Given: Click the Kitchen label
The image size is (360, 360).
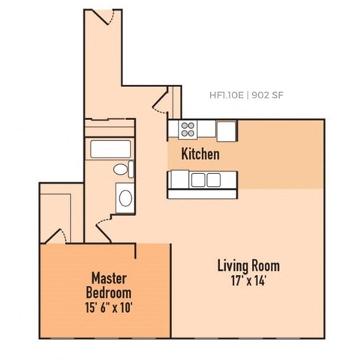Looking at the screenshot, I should click(x=200, y=154).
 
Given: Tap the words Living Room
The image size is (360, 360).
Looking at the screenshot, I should click(x=248, y=265).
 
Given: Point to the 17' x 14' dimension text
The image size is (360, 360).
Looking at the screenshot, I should click(x=248, y=281).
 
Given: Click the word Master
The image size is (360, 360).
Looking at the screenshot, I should click(x=108, y=277).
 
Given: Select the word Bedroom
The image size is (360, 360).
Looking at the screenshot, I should click(x=108, y=292).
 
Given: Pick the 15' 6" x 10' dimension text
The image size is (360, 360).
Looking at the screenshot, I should click(x=108, y=307).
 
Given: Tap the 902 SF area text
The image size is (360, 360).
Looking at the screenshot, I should click(x=268, y=95).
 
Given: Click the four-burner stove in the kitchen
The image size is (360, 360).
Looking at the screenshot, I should click(x=187, y=129).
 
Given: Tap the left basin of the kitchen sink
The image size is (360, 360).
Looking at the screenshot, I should click(x=199, y=179).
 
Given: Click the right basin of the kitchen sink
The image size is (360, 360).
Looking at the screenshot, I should click(x=214, y=179).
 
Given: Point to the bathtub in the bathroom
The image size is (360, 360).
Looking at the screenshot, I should click(x=111, y=148).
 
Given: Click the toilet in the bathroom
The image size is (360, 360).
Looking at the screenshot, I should click(x=121, y=170).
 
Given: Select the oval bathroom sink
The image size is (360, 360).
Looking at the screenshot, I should click(x=125, y=198).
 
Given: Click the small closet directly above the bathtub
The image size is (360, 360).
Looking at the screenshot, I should click(x=110, y=127).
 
